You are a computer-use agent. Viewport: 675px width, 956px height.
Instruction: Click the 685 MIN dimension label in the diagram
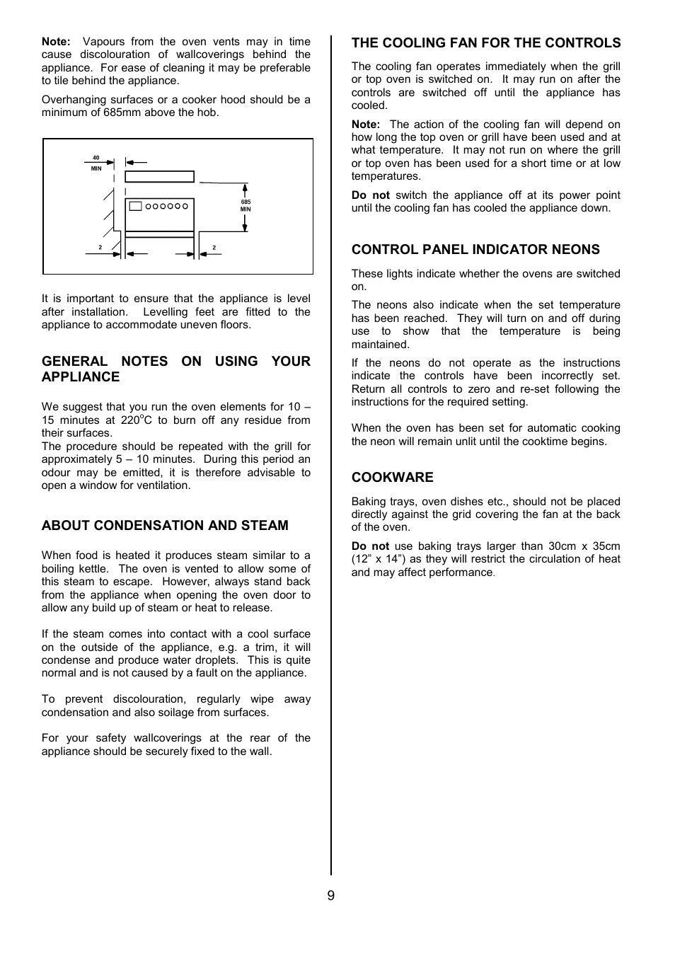pos(246,205)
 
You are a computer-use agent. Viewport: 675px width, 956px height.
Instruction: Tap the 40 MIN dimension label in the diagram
pos(96,163)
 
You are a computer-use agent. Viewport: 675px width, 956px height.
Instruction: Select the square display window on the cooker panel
pos(136,207)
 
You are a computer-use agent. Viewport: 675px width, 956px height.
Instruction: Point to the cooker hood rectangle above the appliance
pos(159,176)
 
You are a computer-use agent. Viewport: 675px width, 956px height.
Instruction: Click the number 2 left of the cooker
pos(100,248)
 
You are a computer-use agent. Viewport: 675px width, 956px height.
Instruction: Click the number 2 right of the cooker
pos(214,248)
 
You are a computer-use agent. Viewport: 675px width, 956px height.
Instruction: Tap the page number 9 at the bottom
pos(330,896)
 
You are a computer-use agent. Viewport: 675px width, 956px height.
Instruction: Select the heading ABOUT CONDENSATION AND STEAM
pos(165,525)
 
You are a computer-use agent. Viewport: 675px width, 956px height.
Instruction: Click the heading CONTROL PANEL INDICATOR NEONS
pos(475,249)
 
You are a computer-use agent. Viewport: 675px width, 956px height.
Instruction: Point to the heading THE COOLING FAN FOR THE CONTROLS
pos(486,43)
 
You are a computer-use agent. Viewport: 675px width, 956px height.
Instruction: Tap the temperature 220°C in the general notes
pos(136,420)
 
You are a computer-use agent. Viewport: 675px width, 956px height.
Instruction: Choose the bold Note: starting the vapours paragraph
pos(56,42)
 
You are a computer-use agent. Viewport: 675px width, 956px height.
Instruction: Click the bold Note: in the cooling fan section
pos(366,125)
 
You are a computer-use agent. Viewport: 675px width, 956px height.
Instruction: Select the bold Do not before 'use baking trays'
pos(370,546)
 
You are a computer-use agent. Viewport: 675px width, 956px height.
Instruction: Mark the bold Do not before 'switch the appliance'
pos(370,195)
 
